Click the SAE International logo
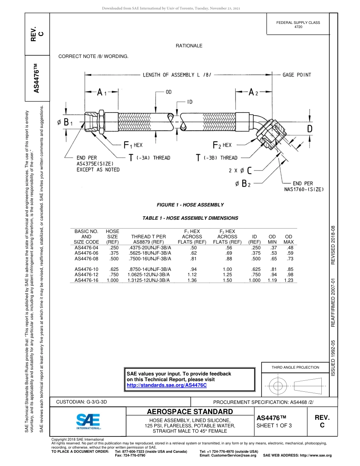88,421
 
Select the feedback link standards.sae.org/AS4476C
166,385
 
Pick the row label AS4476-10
86,269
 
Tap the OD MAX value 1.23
288,280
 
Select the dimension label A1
100,93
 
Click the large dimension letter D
310,129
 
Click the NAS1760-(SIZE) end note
304,187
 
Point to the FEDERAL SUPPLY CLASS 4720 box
298,25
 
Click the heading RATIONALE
189,46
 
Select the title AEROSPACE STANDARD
189,412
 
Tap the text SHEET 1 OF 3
274,425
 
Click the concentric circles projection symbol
278,386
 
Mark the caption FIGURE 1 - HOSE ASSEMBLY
190,205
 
